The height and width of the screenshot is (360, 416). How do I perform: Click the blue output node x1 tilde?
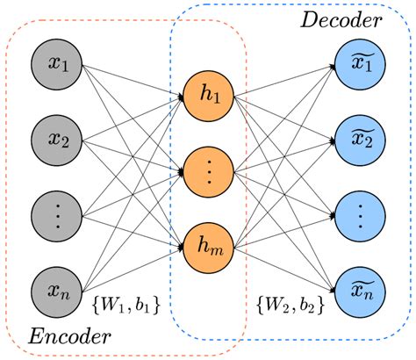pyautogui.click(x=358, y=63)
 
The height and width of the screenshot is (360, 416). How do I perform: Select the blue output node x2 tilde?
pyautogui.click(x=358, y=138)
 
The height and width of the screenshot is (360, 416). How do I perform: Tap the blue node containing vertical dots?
pyautogui.click(x=358, y=212)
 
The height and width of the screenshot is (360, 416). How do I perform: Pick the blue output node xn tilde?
pyautogui.click(x=358, y=287)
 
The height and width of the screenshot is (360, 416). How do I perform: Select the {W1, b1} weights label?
pyautogui.click(x=126, y=307)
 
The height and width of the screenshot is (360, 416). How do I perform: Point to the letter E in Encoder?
pyautogui.click(x=34, y=336)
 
